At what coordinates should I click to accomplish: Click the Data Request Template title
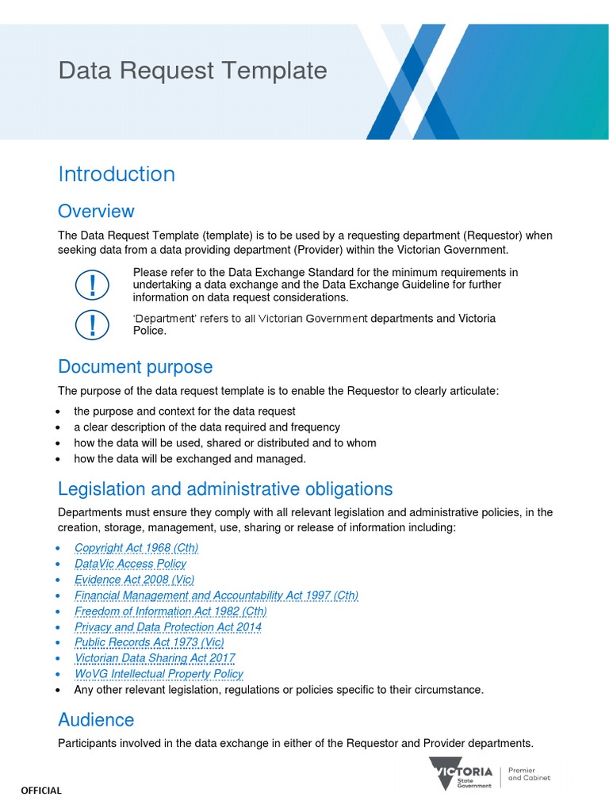pos(192,71)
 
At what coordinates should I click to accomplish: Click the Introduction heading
pos(117,174)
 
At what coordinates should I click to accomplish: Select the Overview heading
pos(96,211)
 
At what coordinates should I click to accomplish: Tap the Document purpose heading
pos(135,366)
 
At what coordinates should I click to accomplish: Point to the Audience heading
pos(96,719)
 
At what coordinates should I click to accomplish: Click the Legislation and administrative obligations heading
pos(225,488)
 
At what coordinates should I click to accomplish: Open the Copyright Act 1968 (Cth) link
pos(136,548)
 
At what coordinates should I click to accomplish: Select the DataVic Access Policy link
pos(130,564)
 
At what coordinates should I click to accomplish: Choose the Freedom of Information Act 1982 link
pos(170,611)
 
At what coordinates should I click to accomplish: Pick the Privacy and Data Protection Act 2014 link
pos(167,626)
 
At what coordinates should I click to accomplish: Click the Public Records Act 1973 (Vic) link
pos(149,642)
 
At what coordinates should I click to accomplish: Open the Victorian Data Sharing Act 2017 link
pos(155,658)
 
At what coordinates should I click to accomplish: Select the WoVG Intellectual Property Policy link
pos(159,674)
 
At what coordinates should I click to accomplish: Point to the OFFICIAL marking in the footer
pos(40,791)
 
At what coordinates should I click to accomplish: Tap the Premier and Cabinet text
pos(529,774)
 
